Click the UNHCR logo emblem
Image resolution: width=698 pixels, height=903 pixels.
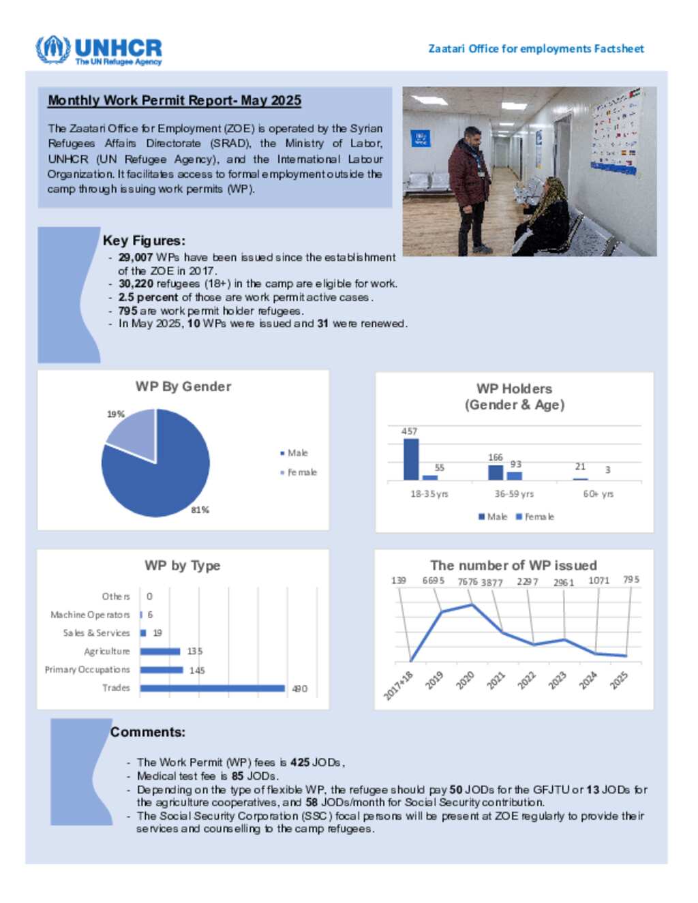click(x=52, y=49)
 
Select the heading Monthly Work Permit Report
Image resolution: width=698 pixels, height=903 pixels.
click(x=174, y=100)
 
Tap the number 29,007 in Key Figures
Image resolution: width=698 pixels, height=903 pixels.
click(x=135, y=257)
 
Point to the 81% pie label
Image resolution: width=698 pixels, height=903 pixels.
click(x=200, y=510)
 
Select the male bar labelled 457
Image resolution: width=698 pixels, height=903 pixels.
click(x=411, y=459)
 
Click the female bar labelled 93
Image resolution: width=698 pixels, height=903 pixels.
click(x=515, y=475)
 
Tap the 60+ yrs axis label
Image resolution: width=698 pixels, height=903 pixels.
click(x=598, y=493)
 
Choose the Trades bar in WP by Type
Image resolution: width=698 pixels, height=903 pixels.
click(x=212, y=688)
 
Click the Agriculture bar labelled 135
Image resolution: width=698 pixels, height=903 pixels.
click(x=160, y=652)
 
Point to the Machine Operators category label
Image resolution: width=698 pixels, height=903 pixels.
click(x=90, y=615)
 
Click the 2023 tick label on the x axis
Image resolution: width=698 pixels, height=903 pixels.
click(x=558, y=679)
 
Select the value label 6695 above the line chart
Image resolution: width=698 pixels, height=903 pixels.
click(x=433, y=581)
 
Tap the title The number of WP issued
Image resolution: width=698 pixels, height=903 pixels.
click(x=513, y=565)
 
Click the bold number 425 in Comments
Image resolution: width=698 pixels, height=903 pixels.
click(x=299, y=762)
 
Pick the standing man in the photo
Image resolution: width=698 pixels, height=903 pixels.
click(x=470, y=187)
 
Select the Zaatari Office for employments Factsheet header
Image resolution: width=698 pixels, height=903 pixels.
click(x=536, y=48)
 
